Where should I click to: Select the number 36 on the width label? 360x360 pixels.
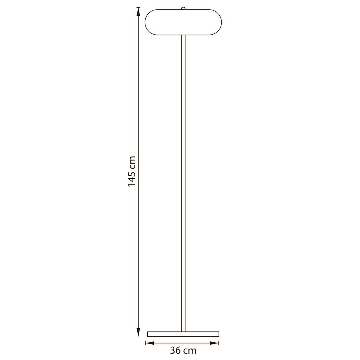[175, 351]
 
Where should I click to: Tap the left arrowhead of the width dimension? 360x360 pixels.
[150, 343]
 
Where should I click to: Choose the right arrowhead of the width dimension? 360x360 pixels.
[214, 343]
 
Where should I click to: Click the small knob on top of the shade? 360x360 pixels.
[183, 8]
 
